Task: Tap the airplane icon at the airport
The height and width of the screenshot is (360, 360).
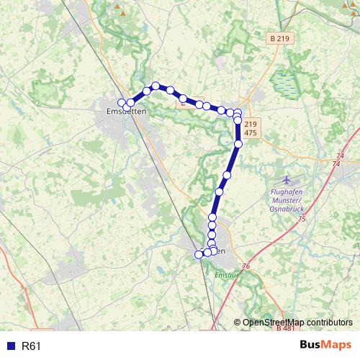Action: pyautogui.click(x=288, y=179)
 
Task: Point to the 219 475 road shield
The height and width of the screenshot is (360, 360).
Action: pyautogui.click(x=251, y=128)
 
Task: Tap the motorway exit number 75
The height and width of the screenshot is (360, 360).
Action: pyautogui.click(x=302, y=219)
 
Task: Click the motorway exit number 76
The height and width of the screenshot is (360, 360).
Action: pyautogui.click(x=246, y=267)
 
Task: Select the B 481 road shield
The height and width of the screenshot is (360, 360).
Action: pyautogui.click(x=284, y=328)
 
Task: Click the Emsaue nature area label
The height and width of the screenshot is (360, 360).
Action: pyautogui.click(x=226, y=275)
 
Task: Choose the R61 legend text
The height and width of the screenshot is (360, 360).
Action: pyautogui.click(x=32, y=346)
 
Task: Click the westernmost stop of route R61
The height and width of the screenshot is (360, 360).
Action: pyautogui.click(x=122, y=102)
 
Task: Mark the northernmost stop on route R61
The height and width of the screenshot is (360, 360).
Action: pyautogui.click(x=156, y=86)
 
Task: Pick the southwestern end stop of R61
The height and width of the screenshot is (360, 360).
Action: pyautogui.click(x=199, y=254)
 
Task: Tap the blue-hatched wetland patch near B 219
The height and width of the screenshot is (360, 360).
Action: pyautogui.click(x=287, y=83)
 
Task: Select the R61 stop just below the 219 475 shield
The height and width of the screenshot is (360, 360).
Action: pyautogui.click(x=238, y=144)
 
